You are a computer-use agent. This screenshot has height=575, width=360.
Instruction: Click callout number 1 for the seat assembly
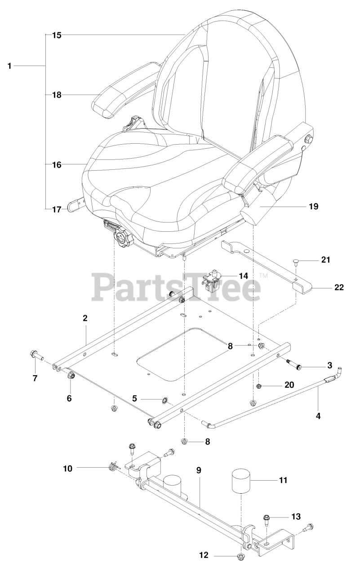click(x=9, y=66)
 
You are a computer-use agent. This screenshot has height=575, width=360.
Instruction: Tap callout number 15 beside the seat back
click(x=56, y=34)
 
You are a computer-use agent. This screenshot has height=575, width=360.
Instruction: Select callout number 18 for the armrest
click(x=56, y=95)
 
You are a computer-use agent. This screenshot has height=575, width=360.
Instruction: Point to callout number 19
click(x=313, y=194)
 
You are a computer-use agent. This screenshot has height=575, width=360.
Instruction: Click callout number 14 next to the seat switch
click(x=243, y=275)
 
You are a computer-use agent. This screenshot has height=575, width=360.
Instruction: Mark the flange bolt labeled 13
click(x=267, y=518)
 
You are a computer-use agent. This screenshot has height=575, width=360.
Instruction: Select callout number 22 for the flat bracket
click(x=338, y=287)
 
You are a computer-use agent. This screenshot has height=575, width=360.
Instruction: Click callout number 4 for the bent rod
click(x=318, y=416)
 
